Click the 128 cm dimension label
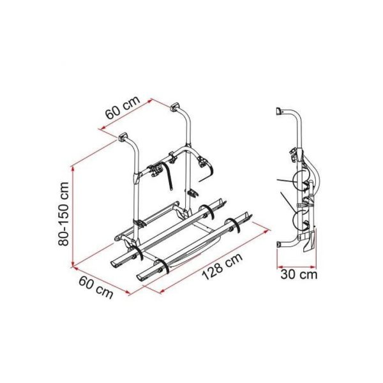(x=222, y=266)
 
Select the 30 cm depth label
(x=299, y=274)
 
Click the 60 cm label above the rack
(x=123, y=107)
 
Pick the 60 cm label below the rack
(x=96, y=287)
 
